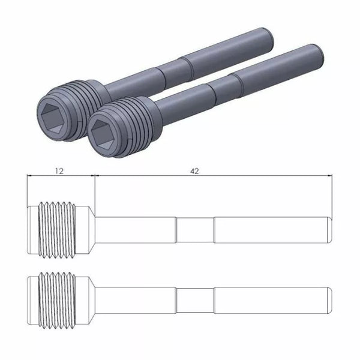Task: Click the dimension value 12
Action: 59,170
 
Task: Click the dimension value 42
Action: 194,170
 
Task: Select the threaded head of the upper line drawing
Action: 59,229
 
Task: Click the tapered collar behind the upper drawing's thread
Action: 88,229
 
